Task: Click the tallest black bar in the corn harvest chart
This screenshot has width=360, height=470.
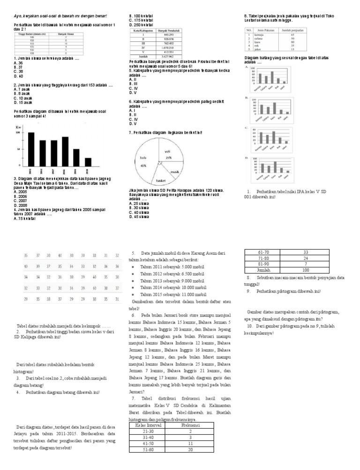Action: click(31, 149)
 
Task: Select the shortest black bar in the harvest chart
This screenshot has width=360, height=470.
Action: click(88, 161)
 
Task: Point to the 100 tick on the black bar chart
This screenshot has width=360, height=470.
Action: click(18, 133)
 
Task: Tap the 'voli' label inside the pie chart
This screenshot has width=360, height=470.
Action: click(167, 152)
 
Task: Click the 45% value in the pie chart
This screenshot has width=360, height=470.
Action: click(143, 166)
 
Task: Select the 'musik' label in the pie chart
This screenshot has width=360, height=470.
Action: click(175, 172)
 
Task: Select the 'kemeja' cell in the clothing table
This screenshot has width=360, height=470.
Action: click(261, 34)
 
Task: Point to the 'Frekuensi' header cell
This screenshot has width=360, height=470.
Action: click(190, 425)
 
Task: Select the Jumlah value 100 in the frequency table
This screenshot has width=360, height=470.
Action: click(305, 270)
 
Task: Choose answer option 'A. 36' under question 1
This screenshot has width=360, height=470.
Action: click(18, 62)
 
